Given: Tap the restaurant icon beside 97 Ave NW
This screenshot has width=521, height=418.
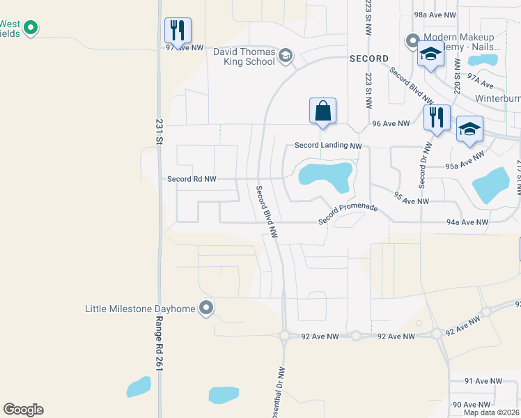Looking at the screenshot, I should coord(178,30).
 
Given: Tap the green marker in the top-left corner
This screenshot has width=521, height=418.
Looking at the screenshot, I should coord(30,28).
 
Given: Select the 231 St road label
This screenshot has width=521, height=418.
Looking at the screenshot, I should coord(159,131).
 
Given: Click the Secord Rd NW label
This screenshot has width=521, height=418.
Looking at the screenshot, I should coord(192,179).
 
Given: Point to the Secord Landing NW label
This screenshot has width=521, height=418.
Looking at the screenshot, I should coord(329,146).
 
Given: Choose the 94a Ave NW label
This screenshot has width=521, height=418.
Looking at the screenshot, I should coord(467,222).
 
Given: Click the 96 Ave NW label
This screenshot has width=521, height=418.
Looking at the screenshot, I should coord(391,123).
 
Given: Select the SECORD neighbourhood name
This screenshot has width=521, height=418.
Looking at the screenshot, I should coord(368,59).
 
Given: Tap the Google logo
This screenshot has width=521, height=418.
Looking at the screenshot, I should coord(23,410).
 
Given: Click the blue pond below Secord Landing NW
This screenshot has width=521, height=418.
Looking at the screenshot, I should coord(325,176).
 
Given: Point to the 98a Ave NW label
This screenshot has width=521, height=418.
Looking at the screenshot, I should coord(435,14).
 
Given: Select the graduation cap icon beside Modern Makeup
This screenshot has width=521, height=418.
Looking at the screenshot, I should coord(430,54).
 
